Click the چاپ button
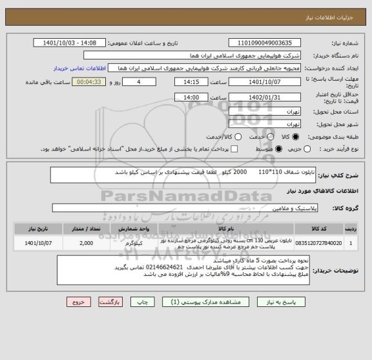(124, 302)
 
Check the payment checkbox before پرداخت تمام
(234, 149)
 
